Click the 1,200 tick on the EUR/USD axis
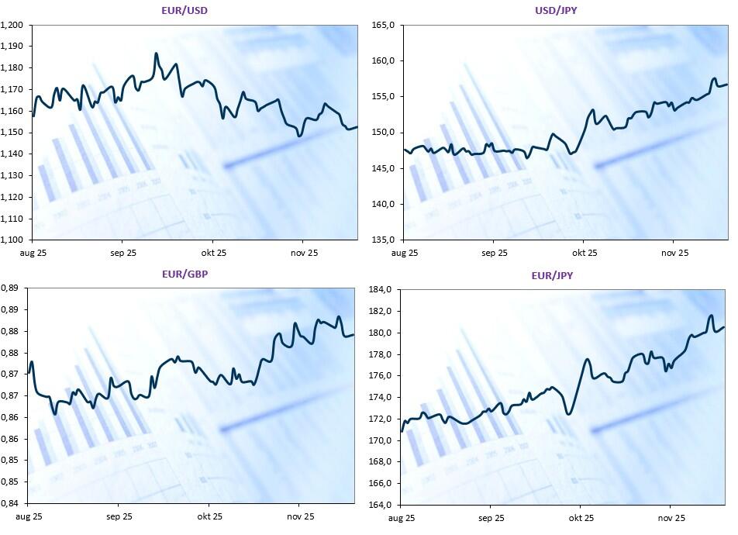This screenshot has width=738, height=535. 12,26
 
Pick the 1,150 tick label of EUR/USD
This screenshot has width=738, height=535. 12,133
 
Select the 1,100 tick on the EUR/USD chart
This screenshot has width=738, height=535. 12,240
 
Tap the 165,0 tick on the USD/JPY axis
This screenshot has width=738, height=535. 385,26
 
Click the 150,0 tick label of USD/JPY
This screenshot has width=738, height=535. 385,133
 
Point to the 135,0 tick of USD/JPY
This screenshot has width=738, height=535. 385,240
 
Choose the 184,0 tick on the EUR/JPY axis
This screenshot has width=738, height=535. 384,290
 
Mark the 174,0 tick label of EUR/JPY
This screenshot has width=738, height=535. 384,398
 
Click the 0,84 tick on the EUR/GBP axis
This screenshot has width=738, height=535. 10,503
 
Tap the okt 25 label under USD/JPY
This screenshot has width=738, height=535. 585,253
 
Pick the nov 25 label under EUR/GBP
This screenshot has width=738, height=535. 299,516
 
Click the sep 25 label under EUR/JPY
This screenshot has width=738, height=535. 490,517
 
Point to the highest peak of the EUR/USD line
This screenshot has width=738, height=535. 157,53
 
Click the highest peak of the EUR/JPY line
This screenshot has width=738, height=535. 711,316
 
